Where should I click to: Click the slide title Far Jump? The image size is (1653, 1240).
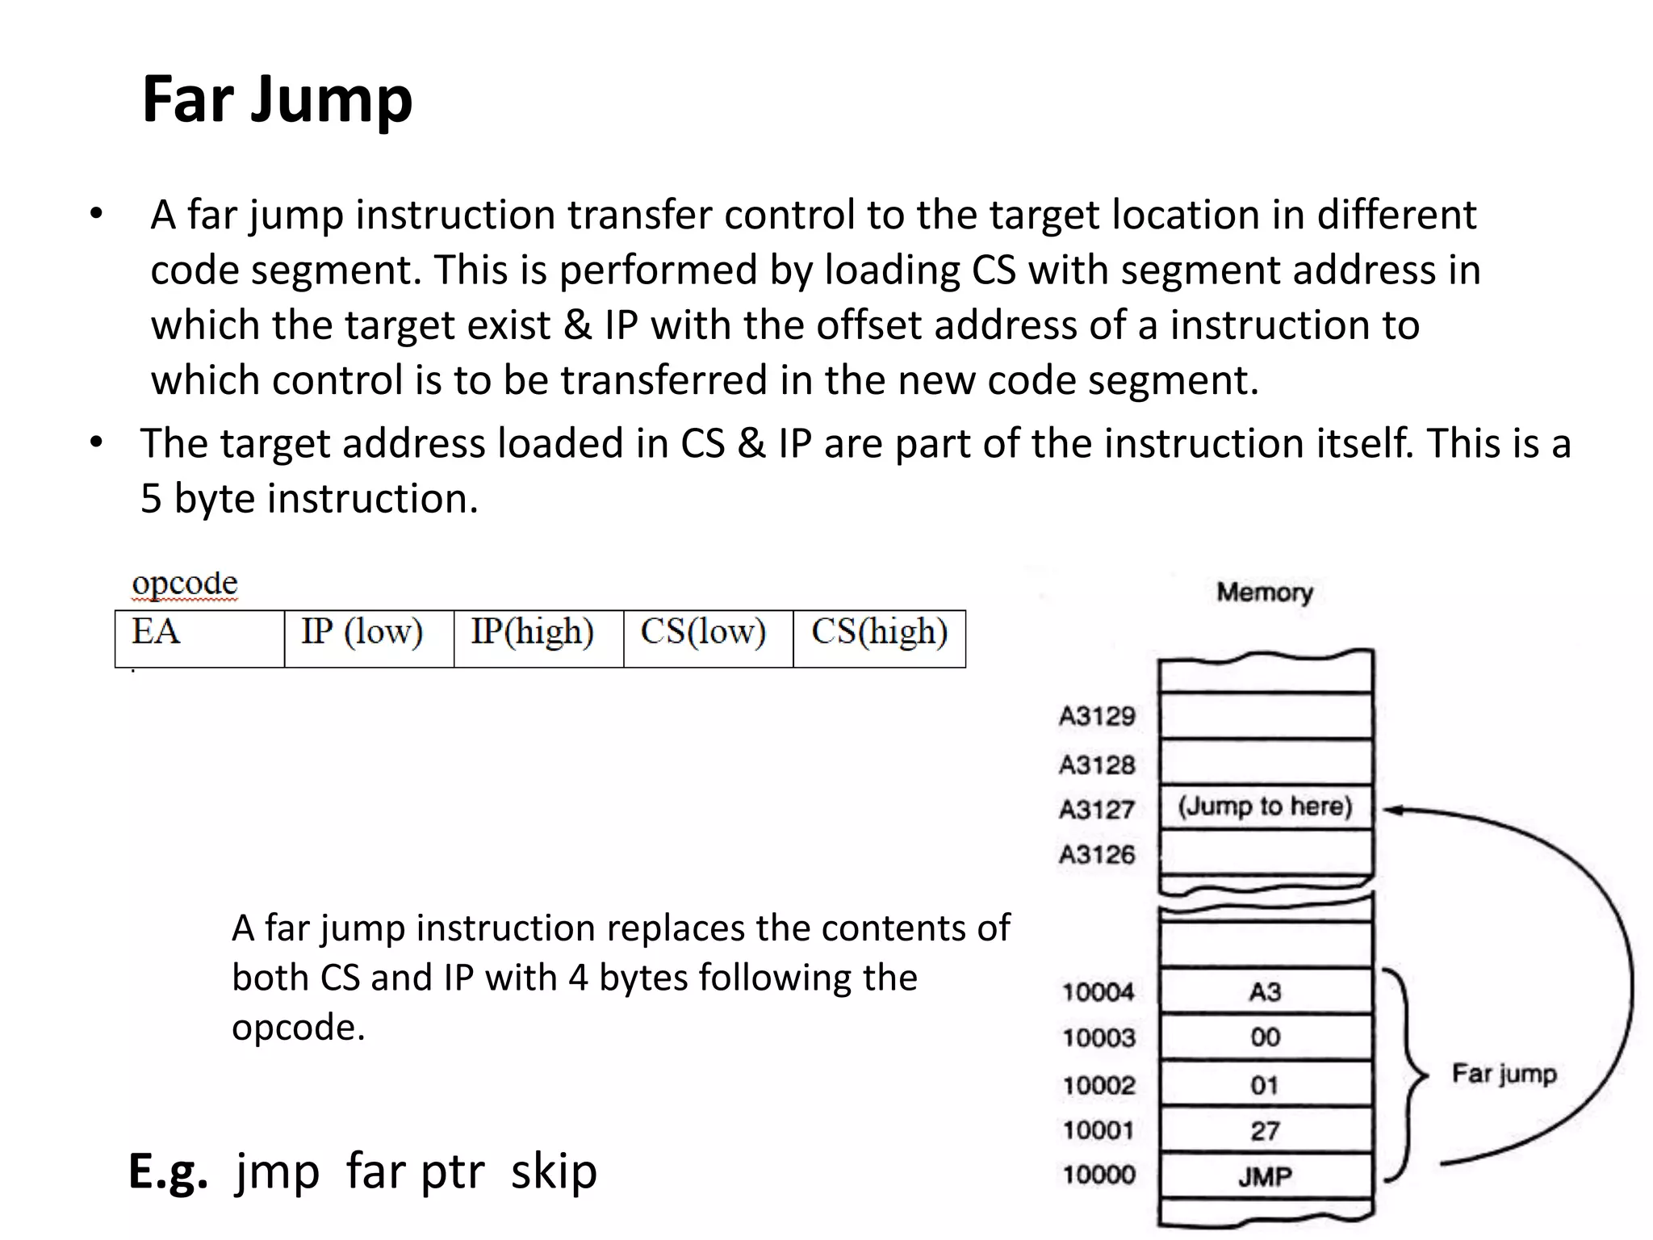(277, 100)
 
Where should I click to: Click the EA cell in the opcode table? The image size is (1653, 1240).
(199, 639)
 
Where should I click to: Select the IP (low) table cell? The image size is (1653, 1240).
(369, 639)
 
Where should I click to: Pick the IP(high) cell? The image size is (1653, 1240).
(538, 639)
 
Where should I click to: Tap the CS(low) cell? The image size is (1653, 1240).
(708, 639)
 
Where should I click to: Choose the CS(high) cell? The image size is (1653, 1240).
(879, 639)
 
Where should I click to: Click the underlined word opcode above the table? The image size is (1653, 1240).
(185, 584)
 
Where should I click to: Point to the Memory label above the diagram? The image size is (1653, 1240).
(1265, 593)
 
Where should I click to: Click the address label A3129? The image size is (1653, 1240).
(1097, 716)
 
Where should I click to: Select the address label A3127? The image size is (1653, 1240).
(1097, 809)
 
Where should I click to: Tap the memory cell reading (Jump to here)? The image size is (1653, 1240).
(1265, 806)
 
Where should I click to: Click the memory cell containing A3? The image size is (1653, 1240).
(1265, 991)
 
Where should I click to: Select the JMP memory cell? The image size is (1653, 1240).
(1265, 1176)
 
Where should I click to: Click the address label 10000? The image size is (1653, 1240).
(1099, 1175)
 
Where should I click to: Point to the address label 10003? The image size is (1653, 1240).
(1099, 1037)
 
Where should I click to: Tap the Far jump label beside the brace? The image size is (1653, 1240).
(1504, 1074)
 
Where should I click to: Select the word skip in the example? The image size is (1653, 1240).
(554, 1171)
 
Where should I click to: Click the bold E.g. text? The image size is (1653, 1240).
(168, 1172)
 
